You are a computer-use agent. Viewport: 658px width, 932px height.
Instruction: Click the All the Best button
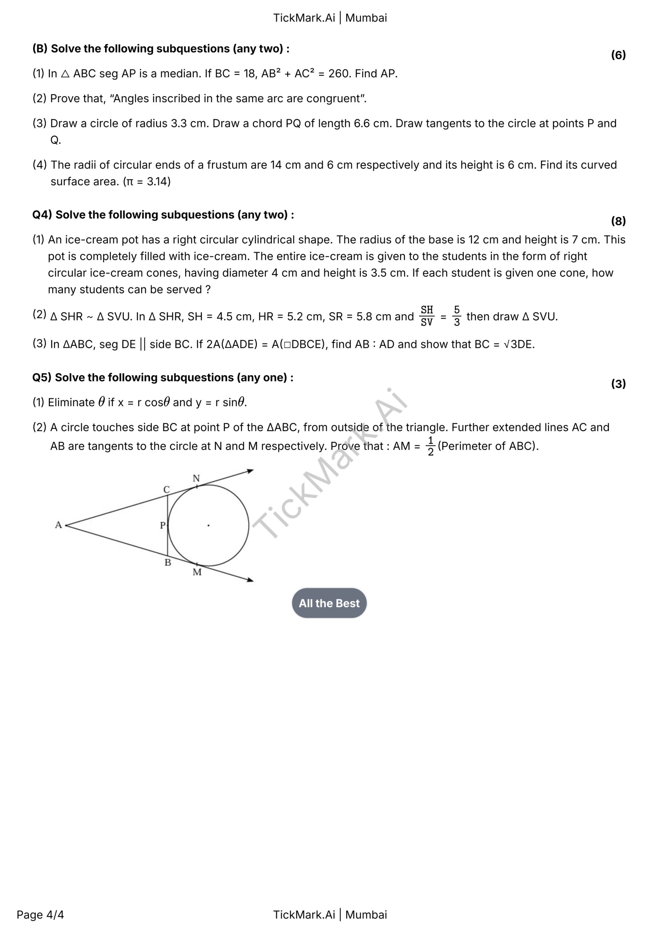point(329,603)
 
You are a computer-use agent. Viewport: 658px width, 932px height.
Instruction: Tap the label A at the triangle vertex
point(59,525)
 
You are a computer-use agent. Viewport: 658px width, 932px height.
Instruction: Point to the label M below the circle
point(197,572)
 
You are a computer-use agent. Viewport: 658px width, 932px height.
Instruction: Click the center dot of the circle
point(208,526)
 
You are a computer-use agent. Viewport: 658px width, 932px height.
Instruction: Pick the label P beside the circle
point(163,526)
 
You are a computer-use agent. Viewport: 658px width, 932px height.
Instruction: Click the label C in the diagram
point(166,490)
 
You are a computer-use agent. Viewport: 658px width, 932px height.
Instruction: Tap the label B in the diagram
point(168,562)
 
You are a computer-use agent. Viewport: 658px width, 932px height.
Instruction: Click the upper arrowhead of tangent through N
point(250,471)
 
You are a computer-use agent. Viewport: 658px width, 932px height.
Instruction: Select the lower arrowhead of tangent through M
point(250,580)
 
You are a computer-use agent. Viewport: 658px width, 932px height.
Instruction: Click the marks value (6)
point(618,55)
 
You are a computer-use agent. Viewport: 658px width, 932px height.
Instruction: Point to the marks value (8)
point(618,221)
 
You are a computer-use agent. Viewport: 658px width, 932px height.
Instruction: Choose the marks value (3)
point(618,384)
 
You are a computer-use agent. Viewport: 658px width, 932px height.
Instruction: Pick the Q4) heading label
point(42,215)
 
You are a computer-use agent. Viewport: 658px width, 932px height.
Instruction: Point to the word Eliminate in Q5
point(71,402)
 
